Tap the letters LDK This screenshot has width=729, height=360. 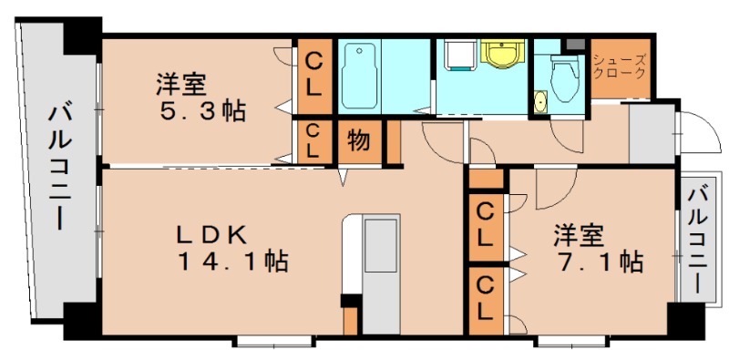[x=210, y=233]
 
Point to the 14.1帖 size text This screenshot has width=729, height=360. [x=231, y=262]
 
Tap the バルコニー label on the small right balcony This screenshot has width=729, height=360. [x=699, y=240]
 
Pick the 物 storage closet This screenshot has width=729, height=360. [x=358, y=141]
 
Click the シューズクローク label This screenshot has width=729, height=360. [x=621, y=67]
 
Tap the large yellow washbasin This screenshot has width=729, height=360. [x=498, y=54]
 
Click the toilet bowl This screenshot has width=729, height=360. [x=563, y=77]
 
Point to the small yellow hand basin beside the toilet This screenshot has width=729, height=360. [x=540, y=101]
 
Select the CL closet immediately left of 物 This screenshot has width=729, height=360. [x=313, y=142]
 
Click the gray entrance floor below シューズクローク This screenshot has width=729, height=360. [x=651, y=133]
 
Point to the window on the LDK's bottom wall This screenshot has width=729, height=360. [x=274, y=342]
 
